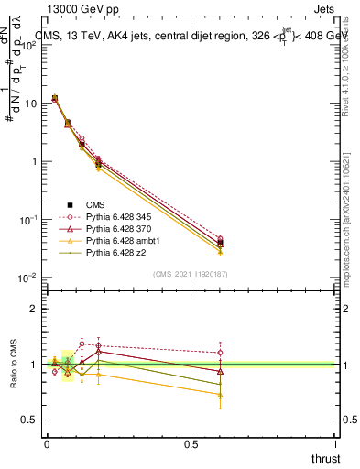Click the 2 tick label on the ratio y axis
coord(35,309)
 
